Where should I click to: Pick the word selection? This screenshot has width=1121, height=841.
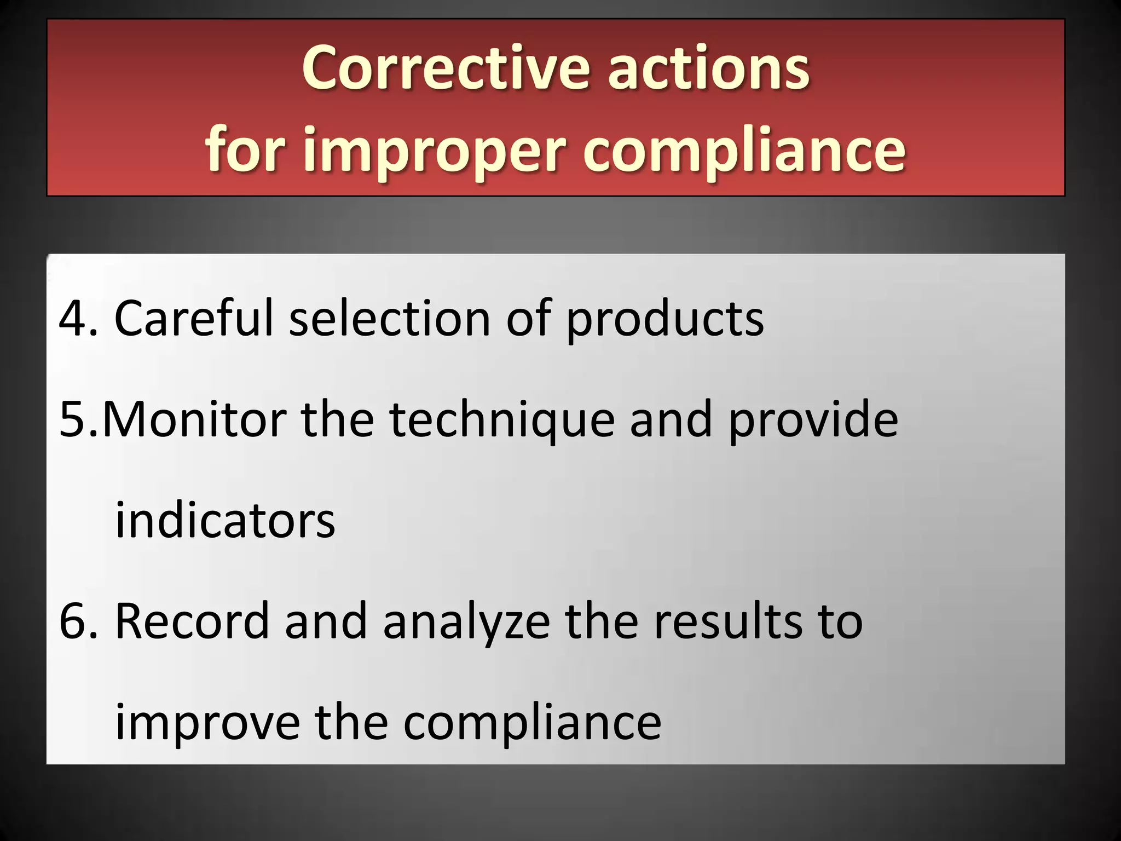(x=389, y=318)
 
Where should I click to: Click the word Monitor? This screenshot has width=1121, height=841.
(x=195, y=419)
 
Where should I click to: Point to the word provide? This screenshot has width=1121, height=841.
(x=813, y=420)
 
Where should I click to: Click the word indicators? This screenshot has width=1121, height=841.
(x=225, y=520)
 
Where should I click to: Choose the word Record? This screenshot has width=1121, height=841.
(x=192, y=621)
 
